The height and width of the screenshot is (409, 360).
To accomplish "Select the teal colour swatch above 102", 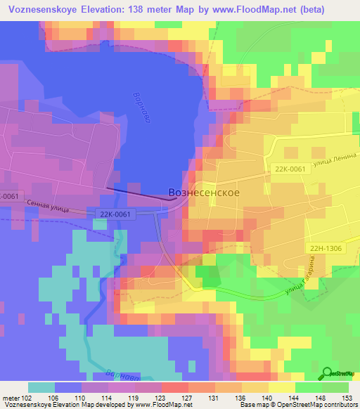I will pyautogui.click(x=41, y=387).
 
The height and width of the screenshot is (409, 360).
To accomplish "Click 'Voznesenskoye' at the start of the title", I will pyautogui.click(x=44, y=10).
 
